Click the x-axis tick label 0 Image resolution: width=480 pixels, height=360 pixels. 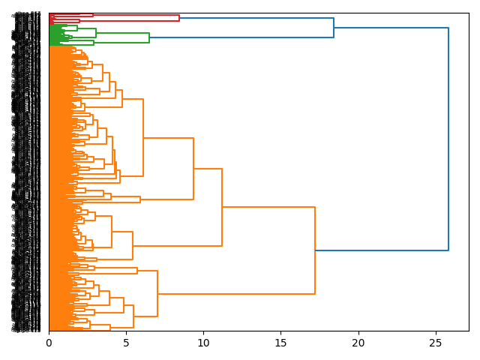49,343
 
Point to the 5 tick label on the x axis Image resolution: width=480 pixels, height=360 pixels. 126,343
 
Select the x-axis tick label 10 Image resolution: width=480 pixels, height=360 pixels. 203,343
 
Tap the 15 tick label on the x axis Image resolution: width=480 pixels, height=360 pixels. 281,343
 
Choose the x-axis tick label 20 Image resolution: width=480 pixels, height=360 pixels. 358,343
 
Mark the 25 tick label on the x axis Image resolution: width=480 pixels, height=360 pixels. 436,343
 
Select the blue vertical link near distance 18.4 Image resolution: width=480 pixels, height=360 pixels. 334,28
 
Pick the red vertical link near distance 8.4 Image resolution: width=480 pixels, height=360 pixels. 179,18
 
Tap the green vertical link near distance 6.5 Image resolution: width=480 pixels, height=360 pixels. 149,37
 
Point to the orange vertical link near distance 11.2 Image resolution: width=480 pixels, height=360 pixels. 222,207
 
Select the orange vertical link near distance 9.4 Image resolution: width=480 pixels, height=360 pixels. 193,169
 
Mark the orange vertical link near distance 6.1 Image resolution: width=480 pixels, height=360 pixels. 143,138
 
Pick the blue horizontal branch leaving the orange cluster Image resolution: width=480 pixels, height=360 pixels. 382,250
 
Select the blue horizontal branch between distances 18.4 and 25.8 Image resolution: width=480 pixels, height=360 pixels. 391,28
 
